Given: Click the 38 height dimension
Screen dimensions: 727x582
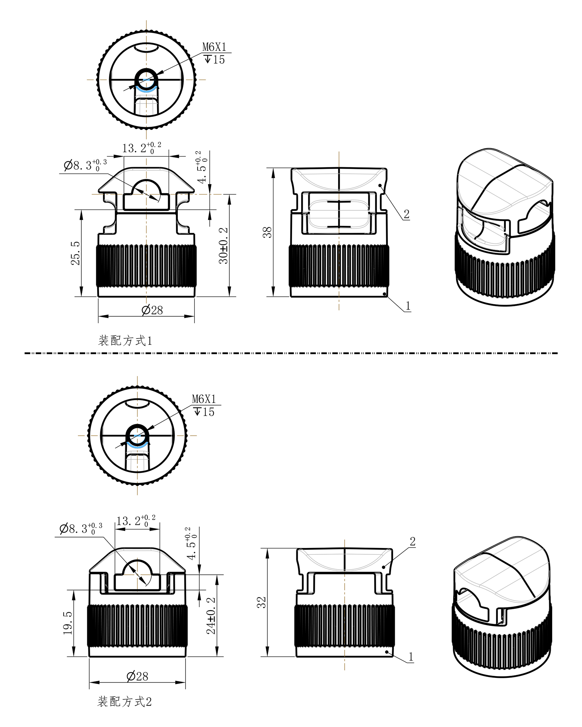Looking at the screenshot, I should tap(267, 232).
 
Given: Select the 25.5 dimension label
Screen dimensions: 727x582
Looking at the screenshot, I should tap(75, 253).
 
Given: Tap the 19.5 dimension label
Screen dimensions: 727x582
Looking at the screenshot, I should tap(68, 623).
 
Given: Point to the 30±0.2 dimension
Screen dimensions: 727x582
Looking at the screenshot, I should tap(224, 245).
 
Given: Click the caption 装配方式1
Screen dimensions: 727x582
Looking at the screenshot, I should tap(125, 341).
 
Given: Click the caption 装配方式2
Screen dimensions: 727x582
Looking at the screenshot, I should tap(125, 702).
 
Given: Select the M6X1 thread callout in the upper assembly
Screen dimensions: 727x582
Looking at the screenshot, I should tap(214, 47).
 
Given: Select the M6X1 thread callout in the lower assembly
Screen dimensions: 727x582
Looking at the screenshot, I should tap(204, 399).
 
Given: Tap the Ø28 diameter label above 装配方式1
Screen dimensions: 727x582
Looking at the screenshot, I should tap(152, 310).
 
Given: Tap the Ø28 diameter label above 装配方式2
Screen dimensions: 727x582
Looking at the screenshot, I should tap(137, 676).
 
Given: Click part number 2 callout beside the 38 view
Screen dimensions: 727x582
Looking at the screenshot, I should tap(407, 214).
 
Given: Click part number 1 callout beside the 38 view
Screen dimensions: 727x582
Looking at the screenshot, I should tap(408, 306).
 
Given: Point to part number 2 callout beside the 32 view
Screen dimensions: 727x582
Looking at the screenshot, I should tap(412, 541).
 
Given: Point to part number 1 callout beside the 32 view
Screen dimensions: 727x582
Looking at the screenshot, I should tap(411, 656).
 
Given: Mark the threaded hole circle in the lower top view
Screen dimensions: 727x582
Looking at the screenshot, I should tap(137, 435).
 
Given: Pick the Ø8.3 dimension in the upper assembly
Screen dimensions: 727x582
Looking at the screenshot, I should tap(85, 165).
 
